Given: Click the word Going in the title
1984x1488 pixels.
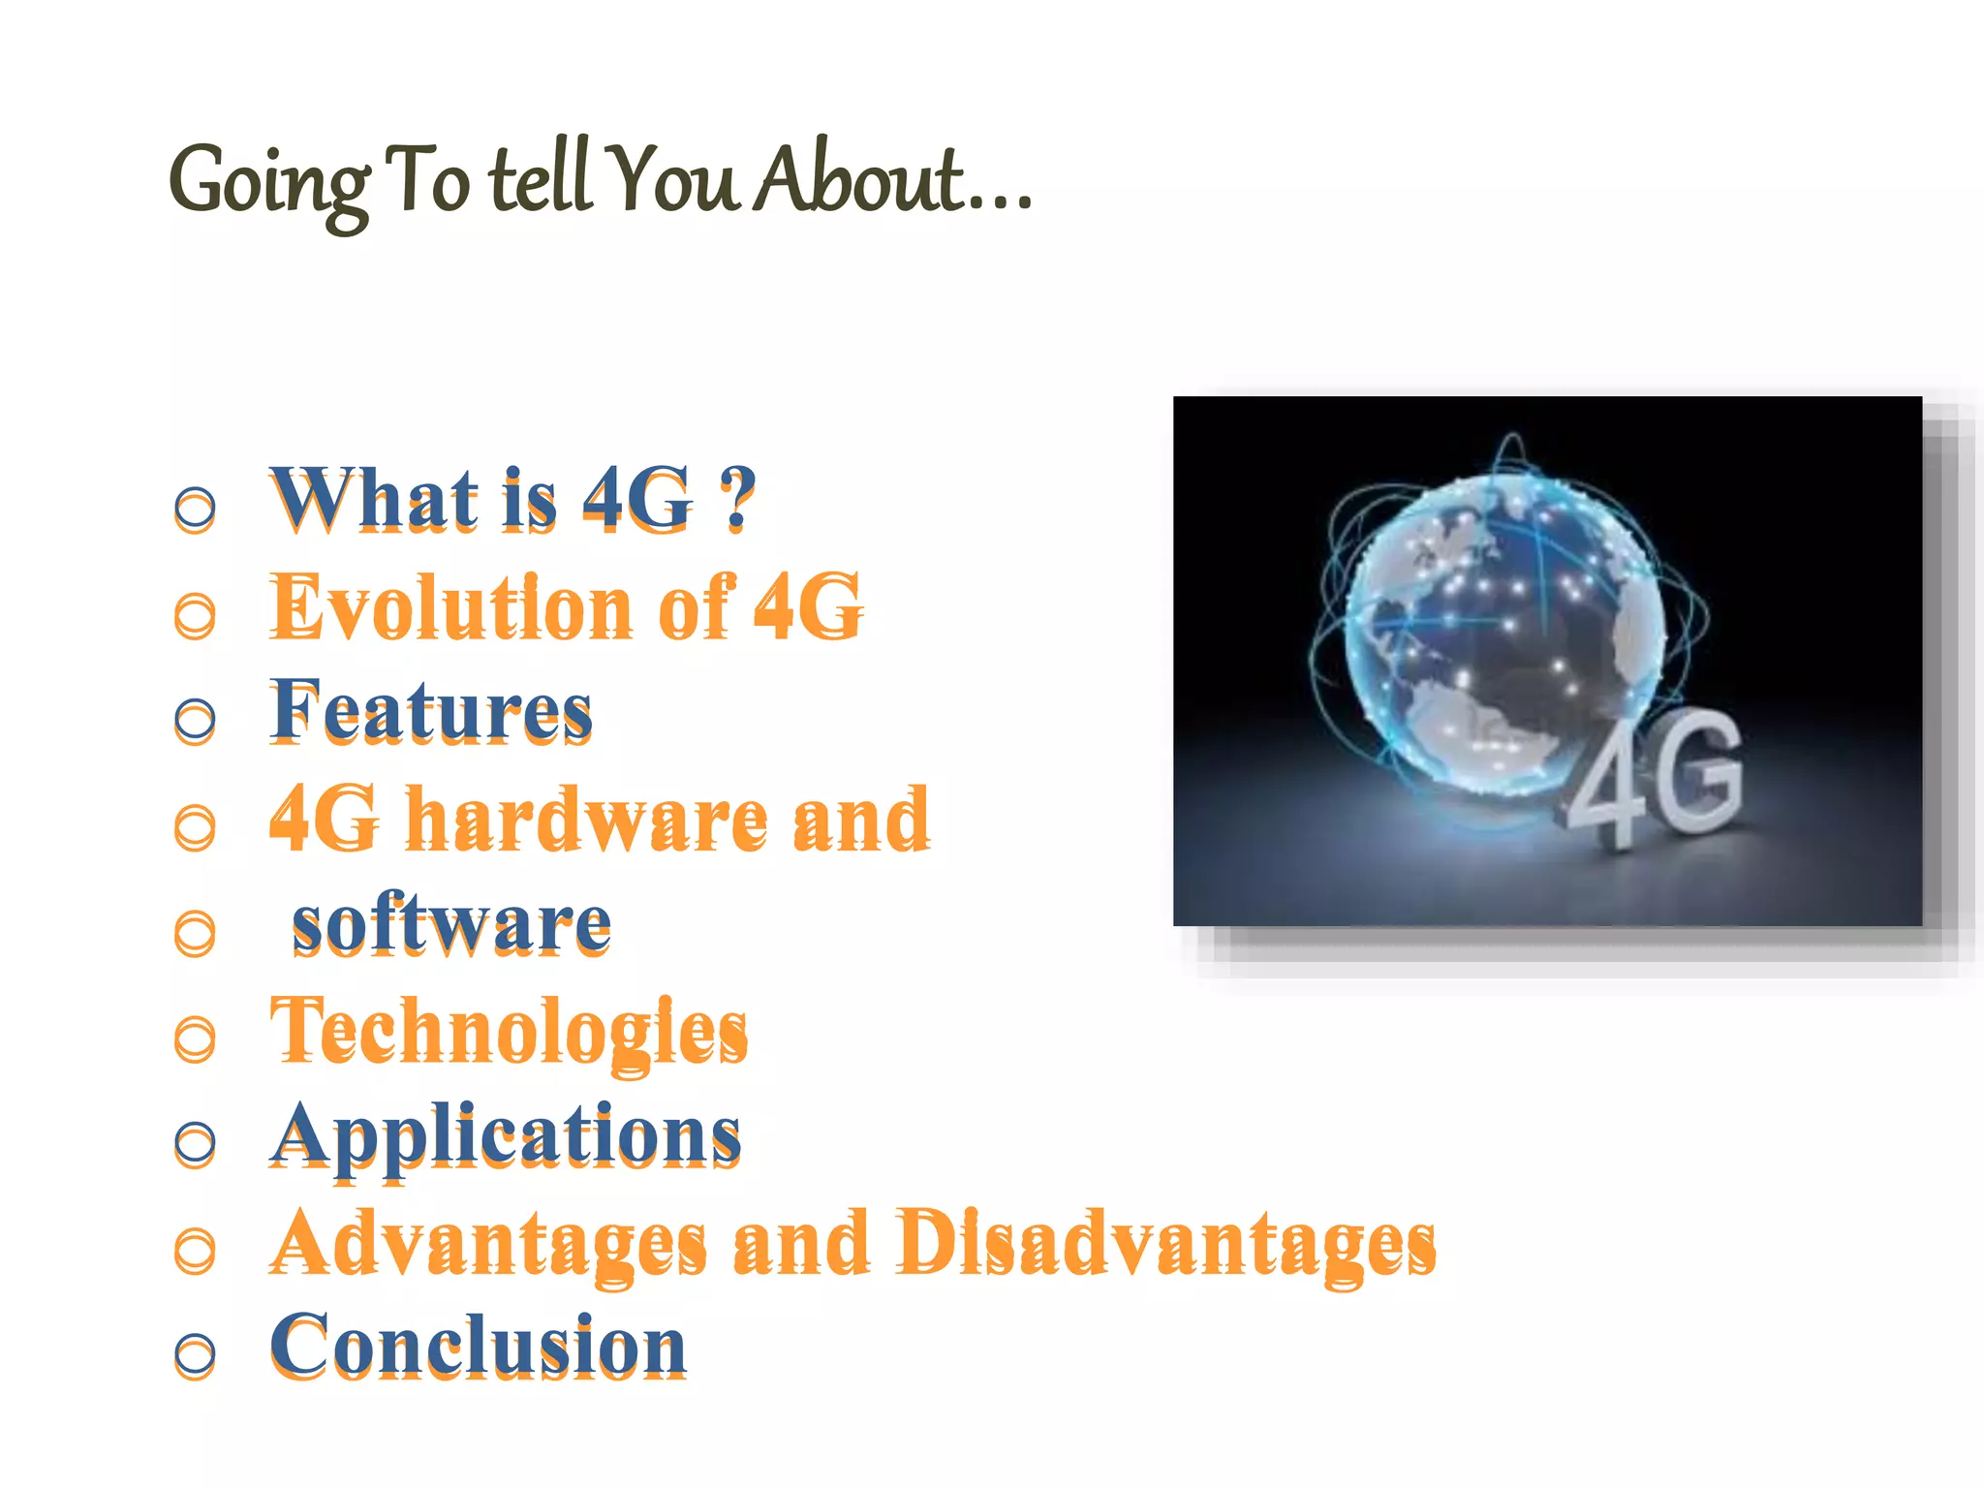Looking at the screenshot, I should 269,184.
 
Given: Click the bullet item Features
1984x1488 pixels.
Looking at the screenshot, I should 431,712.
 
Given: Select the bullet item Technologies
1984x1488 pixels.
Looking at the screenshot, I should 509,1032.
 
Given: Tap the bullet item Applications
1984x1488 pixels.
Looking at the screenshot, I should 505,1136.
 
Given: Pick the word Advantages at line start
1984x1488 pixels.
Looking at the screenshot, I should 488,1244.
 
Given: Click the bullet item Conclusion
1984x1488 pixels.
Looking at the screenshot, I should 478,1348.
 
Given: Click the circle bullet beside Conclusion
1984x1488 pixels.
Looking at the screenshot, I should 195,1353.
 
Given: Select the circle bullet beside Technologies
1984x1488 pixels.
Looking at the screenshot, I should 195,1038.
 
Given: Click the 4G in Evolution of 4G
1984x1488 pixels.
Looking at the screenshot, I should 808,606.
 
